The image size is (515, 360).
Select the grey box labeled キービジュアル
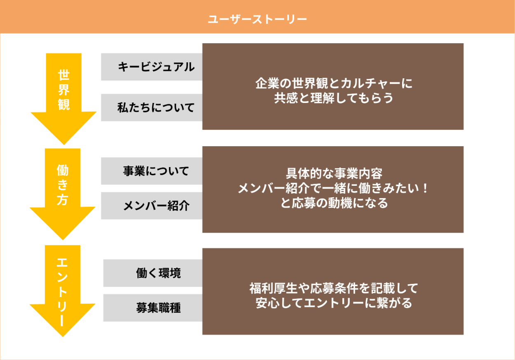tap(152, 67)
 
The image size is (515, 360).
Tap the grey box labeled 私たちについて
tap(152, 108)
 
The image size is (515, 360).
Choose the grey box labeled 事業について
tap(152, 171)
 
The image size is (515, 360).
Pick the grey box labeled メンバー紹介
tap(152, 206)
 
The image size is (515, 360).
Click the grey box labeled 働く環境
tap(153, 273)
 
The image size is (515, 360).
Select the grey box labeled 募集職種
tap(153, 308)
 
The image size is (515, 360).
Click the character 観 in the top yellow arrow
tap(63, 104)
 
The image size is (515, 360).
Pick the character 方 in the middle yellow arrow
tap(62, 200)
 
